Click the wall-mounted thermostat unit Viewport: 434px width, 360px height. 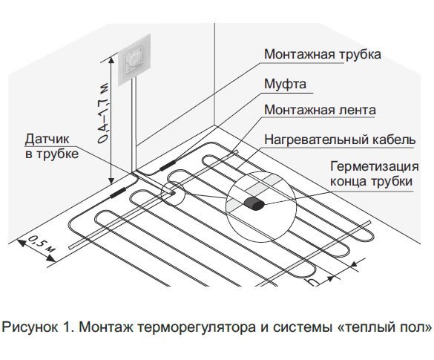[x=134, y=60]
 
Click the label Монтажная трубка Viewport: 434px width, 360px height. [x=323, y=54]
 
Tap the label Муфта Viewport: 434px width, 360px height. [x=285, y=84]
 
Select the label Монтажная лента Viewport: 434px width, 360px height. [x=320, y=110]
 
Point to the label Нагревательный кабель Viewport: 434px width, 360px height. [x=340, y=140]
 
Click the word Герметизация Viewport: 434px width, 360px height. [x=375, y=167]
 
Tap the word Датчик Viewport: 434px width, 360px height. [x=47, y=139]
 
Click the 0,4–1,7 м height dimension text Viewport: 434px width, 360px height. [x=102, y=113]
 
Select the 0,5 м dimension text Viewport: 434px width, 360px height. [x=42, y=243]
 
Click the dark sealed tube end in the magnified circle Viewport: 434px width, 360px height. [x=254, y=203]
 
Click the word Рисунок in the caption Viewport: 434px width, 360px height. [x=30, y=327]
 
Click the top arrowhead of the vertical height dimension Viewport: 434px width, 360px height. [x=111, y=60]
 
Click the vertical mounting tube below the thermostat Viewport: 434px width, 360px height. [x=134, y=125]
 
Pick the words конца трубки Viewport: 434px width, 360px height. [x=371, y=182]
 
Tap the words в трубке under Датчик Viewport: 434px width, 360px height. [x=52, y=154]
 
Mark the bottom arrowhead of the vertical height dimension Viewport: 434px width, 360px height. [x=111, y=180]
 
